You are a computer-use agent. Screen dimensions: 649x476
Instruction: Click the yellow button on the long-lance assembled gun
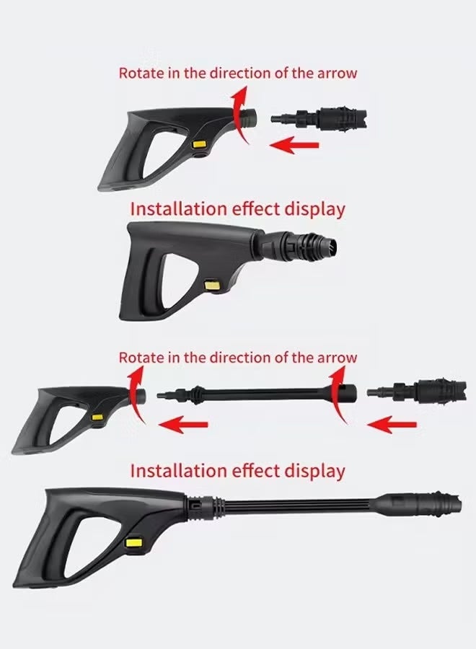133,542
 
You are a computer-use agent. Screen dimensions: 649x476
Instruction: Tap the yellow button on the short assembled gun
212,286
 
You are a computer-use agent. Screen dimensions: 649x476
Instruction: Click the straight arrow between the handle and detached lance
180,425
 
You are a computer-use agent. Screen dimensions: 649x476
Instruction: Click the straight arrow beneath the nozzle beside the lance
389,425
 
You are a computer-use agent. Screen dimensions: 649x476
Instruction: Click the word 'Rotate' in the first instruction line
141,73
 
